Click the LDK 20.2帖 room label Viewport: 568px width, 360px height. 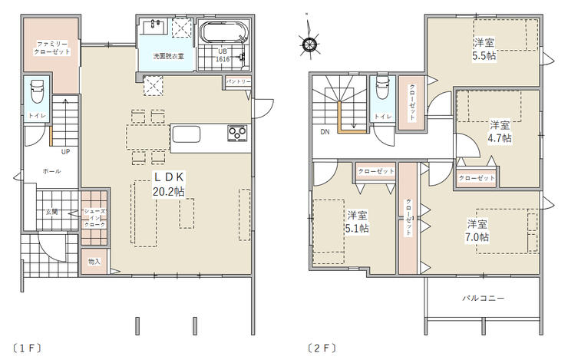coord(169,184)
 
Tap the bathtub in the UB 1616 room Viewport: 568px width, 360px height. coord(225,32)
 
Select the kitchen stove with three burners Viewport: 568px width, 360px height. coord(238,133)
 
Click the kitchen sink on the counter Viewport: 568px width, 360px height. coord(187,134)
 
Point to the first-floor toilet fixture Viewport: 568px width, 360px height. coord(37,91)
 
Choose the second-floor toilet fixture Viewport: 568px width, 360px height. coord(382,87)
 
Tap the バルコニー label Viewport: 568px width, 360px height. coord(484,298)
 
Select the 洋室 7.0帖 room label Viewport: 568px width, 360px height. coord(477,230)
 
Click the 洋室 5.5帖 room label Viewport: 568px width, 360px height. coord(484,49)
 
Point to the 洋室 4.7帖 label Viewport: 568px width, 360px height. coord(500,131)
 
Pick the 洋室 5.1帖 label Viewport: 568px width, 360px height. coord(357,222)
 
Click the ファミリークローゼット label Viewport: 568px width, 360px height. coord(52,48)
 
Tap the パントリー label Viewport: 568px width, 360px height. coord(238,81)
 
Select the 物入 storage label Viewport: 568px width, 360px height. coord(94,262)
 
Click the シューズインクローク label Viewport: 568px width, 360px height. coord(95,218)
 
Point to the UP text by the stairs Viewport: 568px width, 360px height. coord(65,152)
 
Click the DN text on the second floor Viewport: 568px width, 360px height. coord(325,132)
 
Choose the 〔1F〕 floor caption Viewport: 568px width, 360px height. coord(27,348)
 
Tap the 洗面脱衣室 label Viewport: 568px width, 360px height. coord(168,56)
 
